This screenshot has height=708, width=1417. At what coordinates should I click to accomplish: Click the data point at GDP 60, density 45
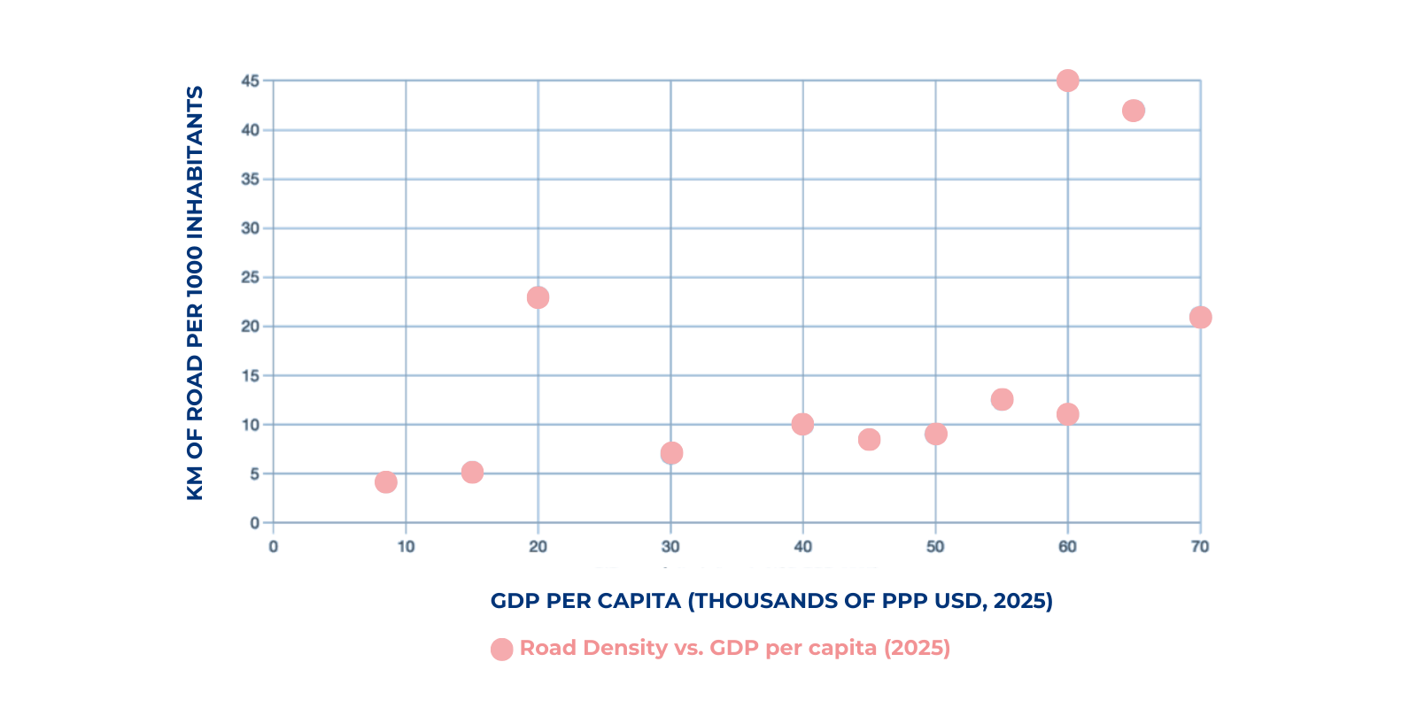click(x=1068, y=81)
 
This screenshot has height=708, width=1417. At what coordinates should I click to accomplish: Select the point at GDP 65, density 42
click(x=1134, y=111)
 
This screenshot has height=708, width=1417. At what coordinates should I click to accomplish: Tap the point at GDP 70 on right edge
click(x=1200, y=317)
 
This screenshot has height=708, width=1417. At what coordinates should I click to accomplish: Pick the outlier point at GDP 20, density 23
click(x=538, y=297)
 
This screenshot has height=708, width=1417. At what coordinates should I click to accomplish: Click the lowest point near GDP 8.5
click(x=385, y=482)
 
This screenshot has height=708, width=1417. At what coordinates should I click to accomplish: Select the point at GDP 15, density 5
click(x=472, y=472)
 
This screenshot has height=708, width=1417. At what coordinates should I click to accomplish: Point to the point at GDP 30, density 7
click(x=671, y=453)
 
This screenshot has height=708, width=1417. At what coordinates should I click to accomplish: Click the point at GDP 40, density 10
click(x=802, y=424)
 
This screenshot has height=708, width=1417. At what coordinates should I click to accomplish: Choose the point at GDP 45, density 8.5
click(x=869, y=439)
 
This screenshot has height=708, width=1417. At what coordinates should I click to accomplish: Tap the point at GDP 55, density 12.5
click(x=1002, y=399)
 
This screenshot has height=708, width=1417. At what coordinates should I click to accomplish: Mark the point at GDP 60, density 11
click(x=1068, y=414)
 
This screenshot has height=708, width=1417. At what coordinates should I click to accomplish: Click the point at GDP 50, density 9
click(x=935, y=434)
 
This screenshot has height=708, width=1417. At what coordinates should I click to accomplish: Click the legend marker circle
click(x=501, y=649)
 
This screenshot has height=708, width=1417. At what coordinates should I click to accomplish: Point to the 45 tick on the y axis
click(x=251, y=81)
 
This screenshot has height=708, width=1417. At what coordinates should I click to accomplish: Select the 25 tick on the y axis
click(x=251, y=277)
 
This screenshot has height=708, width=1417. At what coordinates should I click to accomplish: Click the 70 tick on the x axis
click(x=1200, y=546)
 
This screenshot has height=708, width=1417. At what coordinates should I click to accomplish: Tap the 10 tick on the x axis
click(x=406, y=546)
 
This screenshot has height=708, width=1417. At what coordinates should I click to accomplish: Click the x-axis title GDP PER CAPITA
click(x=770, y=601)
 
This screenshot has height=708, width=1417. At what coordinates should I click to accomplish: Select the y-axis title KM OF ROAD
click(x=195, y=292)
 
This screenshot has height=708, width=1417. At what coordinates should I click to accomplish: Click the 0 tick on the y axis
click(x=255, y=522)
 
